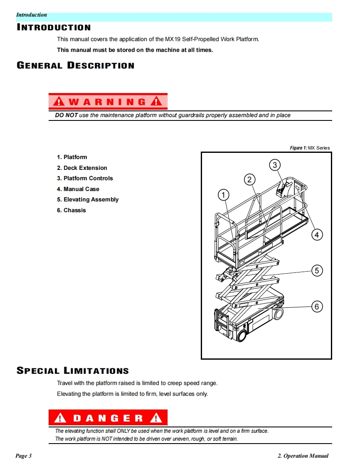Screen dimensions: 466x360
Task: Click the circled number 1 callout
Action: pyautogui.click(x=224, y=195)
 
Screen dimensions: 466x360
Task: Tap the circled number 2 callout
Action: pyautogui.click(x=249, y=179)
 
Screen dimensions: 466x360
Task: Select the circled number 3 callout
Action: pyautogui.click(x=274, y=165)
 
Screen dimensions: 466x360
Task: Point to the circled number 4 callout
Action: pyautogui.click(x=317, y=235)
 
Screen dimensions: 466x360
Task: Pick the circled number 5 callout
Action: pyautogui.click(x=317, y=271)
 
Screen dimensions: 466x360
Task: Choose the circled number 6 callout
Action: pyautogui.click(x=317, y=307)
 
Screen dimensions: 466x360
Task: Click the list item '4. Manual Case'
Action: pyautogui.click(x=78, y=189)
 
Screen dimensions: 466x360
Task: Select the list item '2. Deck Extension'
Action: pyautogui.click(x=82, y=168)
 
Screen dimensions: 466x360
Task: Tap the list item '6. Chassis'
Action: pyautogui.click(x=72, y=210)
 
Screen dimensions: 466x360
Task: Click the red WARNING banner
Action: pyautogui.click(x=108, y=101)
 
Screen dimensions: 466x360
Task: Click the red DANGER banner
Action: pyautogui.click(x=108, y=418)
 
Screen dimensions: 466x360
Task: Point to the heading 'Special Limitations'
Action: pyautogui.click(x=73, y=370)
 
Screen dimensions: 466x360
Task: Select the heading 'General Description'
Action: pyautogui.click(x=76, y=66)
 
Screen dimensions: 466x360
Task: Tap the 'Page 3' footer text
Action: pyautogui.click(x=24, y=456)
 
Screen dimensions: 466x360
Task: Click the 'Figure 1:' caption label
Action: pyautogui.click(x=298, y=148)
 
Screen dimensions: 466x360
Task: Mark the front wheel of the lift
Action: pyautogui.click(x=240, y=335)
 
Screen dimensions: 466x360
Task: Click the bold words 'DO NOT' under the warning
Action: pyautogui.click(x=67, y=115)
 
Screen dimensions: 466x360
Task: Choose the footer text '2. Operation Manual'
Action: pyautogui.click(x=303, y=456)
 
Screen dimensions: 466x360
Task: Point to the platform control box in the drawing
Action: pyautogui.click(x=282, y=189)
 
